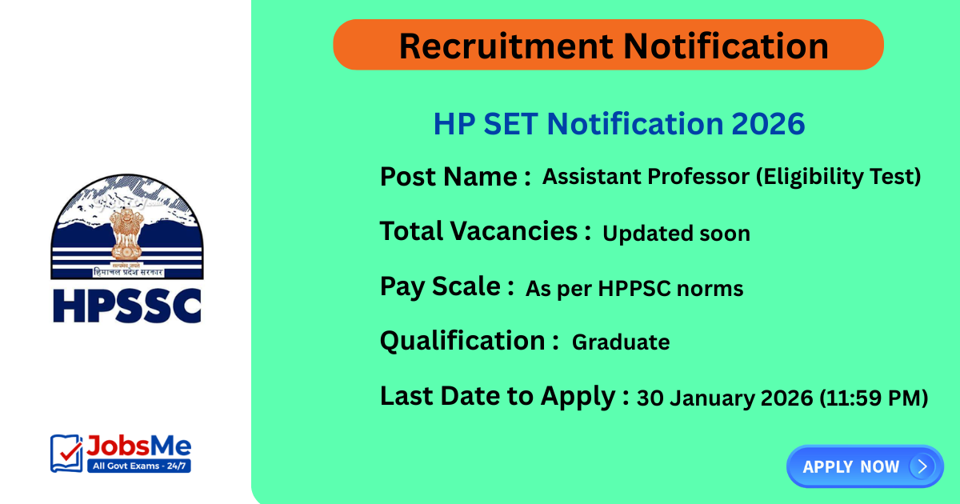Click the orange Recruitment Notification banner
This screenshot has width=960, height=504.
(608, 45)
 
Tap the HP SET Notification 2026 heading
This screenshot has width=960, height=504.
(618, 124)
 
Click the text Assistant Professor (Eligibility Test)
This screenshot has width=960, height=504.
(731, 177)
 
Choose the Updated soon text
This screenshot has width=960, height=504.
(676, 234)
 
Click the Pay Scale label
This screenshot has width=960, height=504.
(446, 286)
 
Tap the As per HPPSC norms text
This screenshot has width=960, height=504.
(634, 289)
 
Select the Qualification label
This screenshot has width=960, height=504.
(469, 341)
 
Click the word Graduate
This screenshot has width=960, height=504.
(620, 342)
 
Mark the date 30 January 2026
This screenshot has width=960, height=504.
(724, 398)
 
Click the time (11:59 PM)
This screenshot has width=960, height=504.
(874, 398)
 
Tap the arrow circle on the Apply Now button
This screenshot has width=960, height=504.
(922, 466)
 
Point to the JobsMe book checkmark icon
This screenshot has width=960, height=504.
(66, 453)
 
